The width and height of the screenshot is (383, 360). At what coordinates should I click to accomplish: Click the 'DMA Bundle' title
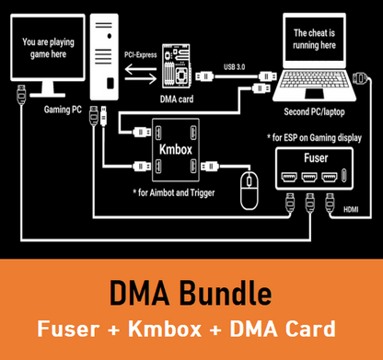tap(191, 294)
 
